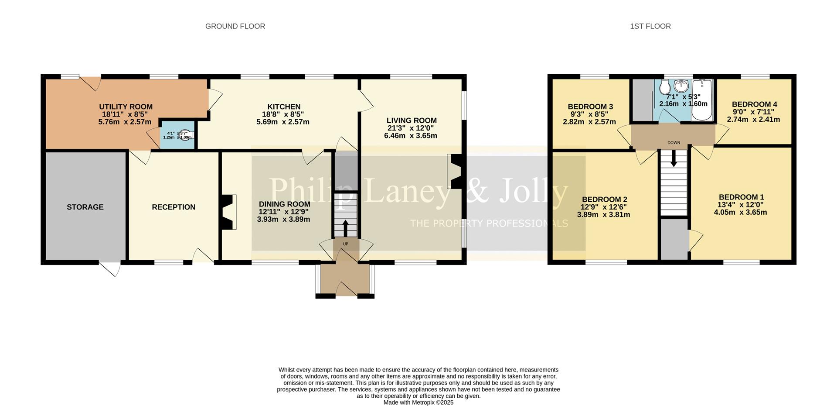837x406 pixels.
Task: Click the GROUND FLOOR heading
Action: (235, 26)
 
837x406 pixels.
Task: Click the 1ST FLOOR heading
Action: (650, 26)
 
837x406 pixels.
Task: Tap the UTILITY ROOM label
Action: (126, 107)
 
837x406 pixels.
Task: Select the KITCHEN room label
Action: (284, 107)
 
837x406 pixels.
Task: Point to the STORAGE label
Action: (85, 207)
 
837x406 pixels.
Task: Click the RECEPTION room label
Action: (174, 207)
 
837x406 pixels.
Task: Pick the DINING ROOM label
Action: (284, 204)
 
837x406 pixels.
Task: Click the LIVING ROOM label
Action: (411, 120)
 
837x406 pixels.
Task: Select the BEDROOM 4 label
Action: (754, 104)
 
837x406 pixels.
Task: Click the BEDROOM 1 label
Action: (741, 197)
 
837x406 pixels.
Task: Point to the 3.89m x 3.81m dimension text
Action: (603, 215)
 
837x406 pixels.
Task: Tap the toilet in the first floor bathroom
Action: (665, 89)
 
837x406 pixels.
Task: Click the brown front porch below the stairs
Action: (345, 279)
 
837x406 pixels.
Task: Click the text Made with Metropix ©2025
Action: (418, 403)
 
